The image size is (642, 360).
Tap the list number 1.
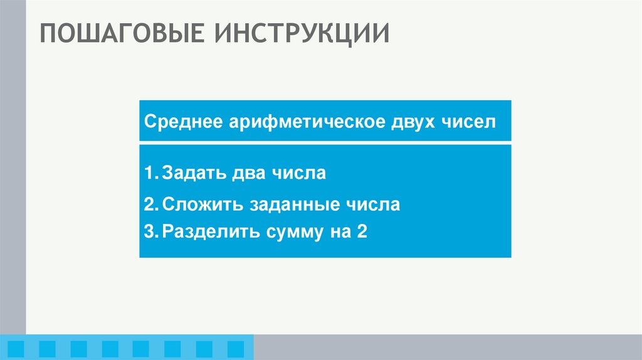pos(148,172)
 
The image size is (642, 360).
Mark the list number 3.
pos(149,232)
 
